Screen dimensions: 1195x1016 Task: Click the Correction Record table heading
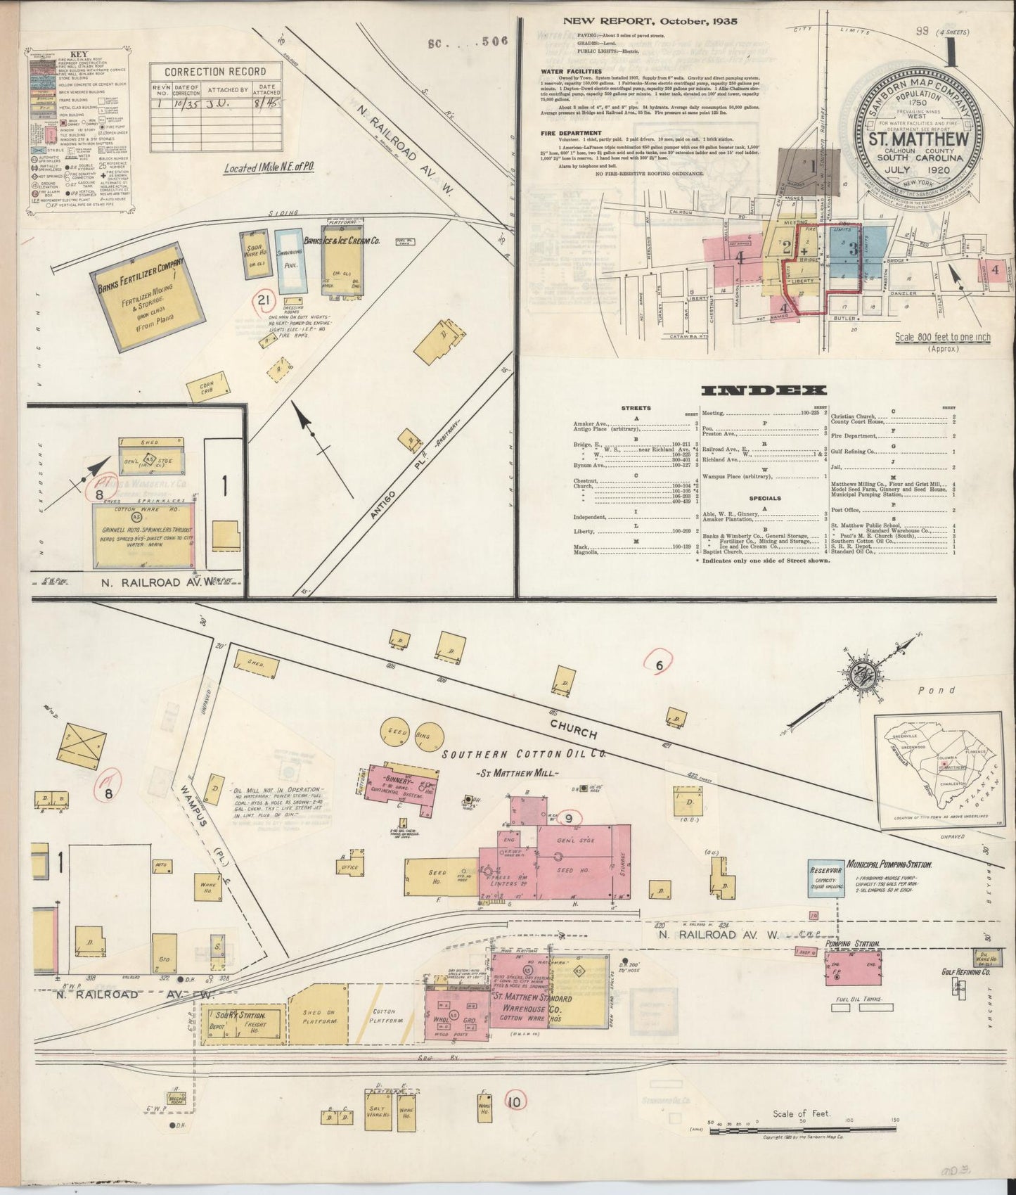[x=215, y=71]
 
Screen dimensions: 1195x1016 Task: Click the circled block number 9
[x=569, y=818]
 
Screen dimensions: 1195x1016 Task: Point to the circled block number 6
[x=659, y=665]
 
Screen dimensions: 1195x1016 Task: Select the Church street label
[x=573, y=729]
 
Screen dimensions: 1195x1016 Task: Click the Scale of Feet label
[x=802, y=1113]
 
